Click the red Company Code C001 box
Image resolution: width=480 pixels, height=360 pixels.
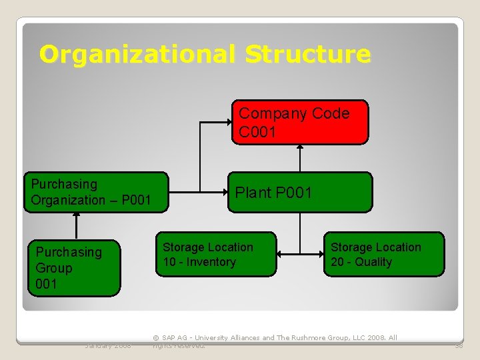(x=299, y=122)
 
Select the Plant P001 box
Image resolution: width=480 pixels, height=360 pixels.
(x=299, y=193)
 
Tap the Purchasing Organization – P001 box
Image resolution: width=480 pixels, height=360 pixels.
(x=96, y=192)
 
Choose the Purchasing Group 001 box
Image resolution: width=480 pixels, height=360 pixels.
(x=73, y=267)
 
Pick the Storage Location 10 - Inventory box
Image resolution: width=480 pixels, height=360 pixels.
(x=215, y=254)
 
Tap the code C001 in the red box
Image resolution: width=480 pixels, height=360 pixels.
(x=257, y=132)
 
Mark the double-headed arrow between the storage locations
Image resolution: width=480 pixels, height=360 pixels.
(x=300, y=254)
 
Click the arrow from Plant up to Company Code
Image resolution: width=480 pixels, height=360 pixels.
(x=300, y=159)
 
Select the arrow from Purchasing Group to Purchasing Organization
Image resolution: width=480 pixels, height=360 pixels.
(x=77, y=226)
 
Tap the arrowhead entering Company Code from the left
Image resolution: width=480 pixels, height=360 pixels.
(x=227, y=122)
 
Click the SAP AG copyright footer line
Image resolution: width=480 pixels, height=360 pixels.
(x=275, y=338)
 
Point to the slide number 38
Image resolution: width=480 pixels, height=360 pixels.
(x=459, y=345)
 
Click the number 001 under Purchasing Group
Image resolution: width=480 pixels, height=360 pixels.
(x=47, y=284)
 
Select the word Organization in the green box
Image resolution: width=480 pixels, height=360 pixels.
(x=68, y=200)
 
